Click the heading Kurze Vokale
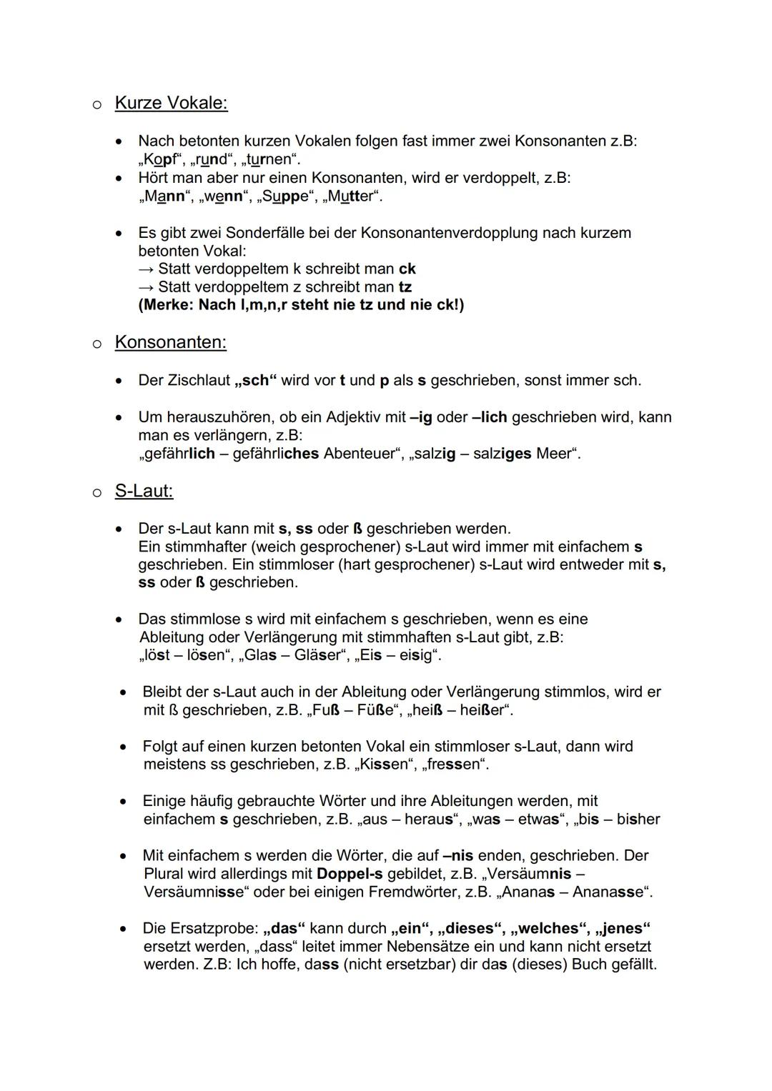171,104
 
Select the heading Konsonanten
170,343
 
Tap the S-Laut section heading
144,492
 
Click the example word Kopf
160,159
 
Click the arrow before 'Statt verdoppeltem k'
147,269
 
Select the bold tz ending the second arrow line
405,287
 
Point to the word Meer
555,454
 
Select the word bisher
638,820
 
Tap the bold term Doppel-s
350,874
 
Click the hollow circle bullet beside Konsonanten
96,344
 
